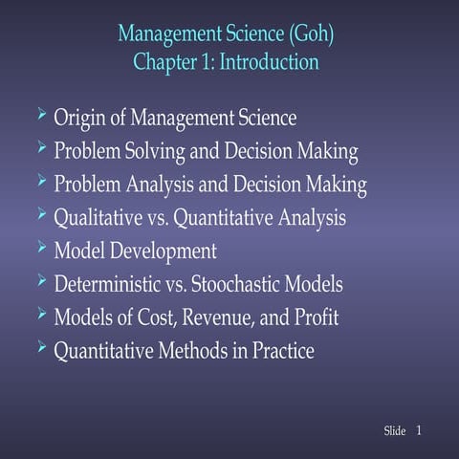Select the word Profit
pos(313,317)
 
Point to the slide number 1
pos(420,431)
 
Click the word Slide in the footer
pos(394,432)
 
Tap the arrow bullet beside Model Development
pos(39,249)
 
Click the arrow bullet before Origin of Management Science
pos(39,116)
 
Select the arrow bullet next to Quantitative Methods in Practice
pos(39,348)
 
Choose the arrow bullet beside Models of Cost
pos(39,314)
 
